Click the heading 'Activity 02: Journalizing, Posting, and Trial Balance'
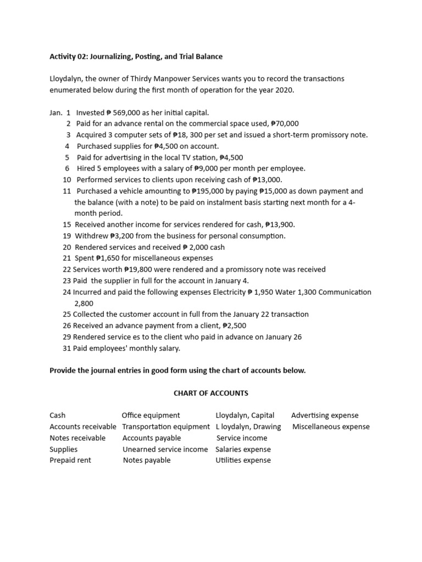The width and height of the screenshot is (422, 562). pyautogui.click(x=136, y=57)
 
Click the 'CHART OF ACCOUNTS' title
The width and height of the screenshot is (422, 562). pyautogui.click(x=211, y=393)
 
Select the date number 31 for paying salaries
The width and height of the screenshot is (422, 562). pyautogui.click(x=67, y=348)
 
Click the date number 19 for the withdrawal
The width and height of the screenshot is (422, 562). pyautogui.click(x=67, y=236)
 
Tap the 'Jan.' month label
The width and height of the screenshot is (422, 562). pyautogui.click(x=55, y=113)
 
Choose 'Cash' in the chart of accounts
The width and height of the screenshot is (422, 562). pyautogui.click(x=57, y=415)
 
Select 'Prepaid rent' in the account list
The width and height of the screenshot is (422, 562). pyautogui.click(x=70, y=460)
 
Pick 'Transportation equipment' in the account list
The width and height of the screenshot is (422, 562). pyautogui.click(x=166, y=426)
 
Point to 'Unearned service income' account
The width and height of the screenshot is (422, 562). pyautogui.click(x=165, y=449)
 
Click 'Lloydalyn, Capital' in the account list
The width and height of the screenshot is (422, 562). pyautogui.click(x=245, y=415)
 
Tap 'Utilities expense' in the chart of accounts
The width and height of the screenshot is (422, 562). pyautogui.click(x=243, y=460)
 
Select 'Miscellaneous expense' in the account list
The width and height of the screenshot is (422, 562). pyautogui.click(x=331, y=426)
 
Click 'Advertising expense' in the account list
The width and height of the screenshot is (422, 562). pyautogui.click(x=325, y=415)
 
